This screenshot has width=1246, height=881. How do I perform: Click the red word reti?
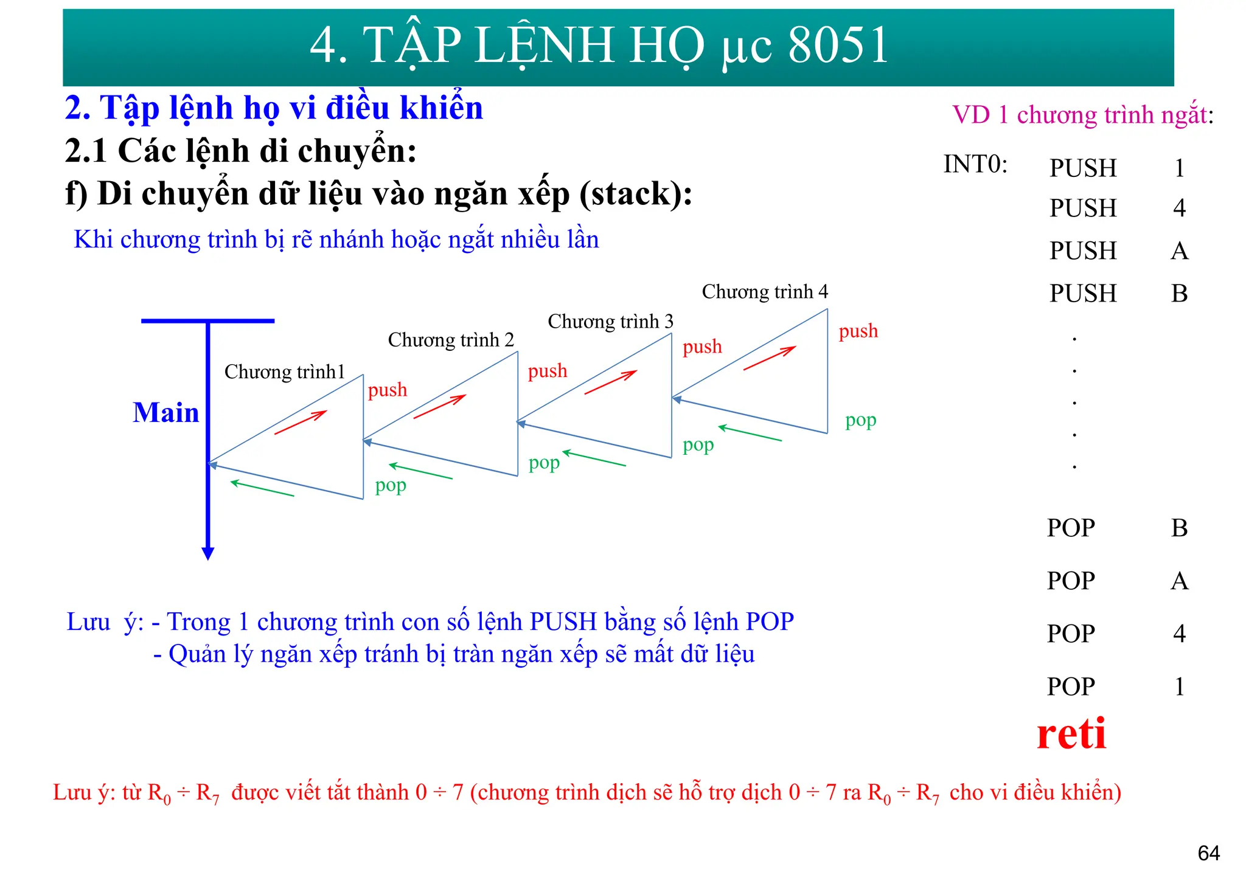tap(1071, 734)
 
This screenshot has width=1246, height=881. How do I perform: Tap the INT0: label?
tap(975, 164)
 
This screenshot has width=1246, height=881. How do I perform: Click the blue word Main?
tap(165, 413)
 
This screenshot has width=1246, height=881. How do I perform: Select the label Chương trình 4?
tap(764, 292)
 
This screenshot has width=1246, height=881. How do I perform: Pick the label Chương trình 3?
tap(610, 322)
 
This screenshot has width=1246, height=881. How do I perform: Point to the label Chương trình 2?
tap(451, 340)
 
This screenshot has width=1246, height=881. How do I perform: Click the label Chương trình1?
tap(284, 371)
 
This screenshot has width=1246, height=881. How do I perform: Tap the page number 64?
tap(1208, 854)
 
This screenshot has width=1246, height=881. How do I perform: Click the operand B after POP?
tap(1179, 528)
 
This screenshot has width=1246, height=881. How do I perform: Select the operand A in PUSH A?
tap(1179, 250)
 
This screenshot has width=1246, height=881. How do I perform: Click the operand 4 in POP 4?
tap(1179, 634)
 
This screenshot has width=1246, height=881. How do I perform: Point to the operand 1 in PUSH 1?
tap(1179, 168)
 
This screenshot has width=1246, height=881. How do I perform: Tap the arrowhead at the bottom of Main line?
tap(208, 553)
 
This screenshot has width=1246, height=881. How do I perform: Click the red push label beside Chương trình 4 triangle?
tap(858, 331)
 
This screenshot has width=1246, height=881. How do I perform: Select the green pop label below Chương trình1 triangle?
tap(390, 486)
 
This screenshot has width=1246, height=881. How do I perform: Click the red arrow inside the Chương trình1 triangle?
tap(300, 423)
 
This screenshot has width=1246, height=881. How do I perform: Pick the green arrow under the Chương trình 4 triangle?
tap(750, 434)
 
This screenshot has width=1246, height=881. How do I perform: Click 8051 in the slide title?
tap(838, 46)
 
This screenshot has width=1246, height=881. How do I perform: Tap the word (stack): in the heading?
tap(636, 194)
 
